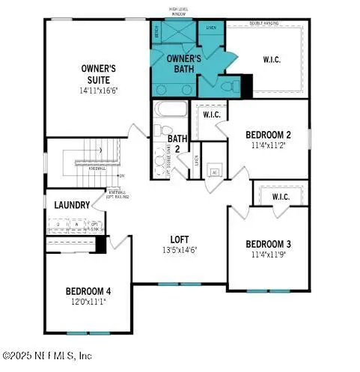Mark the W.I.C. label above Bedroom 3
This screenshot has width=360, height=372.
[x=281, y=197]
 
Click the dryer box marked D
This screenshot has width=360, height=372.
[x=58, y=224]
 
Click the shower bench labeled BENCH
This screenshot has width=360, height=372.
[x=156, y=33]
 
